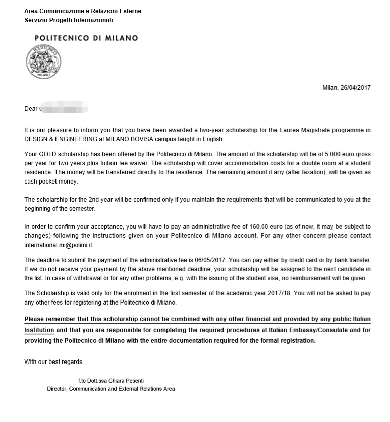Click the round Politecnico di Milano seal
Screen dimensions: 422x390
point(42,63)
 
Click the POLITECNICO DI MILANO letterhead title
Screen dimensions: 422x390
point(86,38)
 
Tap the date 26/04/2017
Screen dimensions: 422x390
point(356,88)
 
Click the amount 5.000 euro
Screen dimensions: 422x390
point(330,154)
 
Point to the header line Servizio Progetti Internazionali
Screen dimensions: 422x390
point(69,20)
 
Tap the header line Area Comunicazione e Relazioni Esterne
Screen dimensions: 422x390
point(83,11)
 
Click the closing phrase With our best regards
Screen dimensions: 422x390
point(54,362)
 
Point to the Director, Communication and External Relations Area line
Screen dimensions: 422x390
point(111,389)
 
